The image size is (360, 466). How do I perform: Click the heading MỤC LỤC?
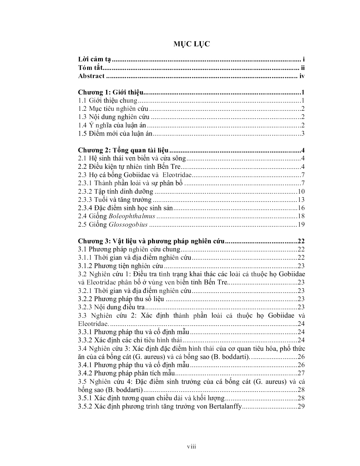(x=191, y=44)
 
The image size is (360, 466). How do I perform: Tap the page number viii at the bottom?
(x=191, y=446)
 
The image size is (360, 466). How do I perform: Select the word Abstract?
(x=91, y=76)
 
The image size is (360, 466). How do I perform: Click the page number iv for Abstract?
(x=302, y=76)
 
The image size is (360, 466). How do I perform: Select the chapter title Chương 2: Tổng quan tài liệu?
(x=123, y=150)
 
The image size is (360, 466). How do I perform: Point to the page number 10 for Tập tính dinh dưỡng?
(x=301, y=192)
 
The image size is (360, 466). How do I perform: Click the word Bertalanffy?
(x=225, y=406)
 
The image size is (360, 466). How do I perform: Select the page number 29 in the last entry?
(x=301, y=406)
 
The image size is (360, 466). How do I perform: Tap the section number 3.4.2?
(x=85, y=373)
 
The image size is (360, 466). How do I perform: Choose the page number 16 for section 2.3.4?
(x=301, y=208)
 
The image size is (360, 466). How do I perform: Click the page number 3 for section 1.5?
(x=302, y=134)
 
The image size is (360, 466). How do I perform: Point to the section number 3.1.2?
(x=85, y=266)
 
